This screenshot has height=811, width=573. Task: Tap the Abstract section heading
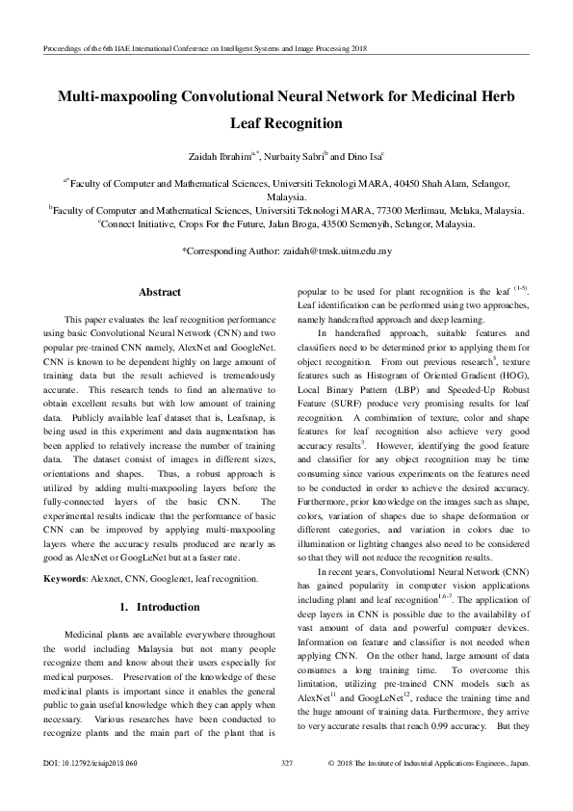tap(160, 291)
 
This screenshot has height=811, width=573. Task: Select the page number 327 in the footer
tap(286, 790)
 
